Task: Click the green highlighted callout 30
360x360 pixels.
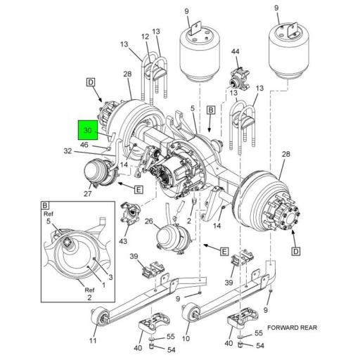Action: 88,131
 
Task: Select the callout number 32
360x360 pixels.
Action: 67,150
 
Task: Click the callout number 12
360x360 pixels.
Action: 145,37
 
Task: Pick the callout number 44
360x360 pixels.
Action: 236,52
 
